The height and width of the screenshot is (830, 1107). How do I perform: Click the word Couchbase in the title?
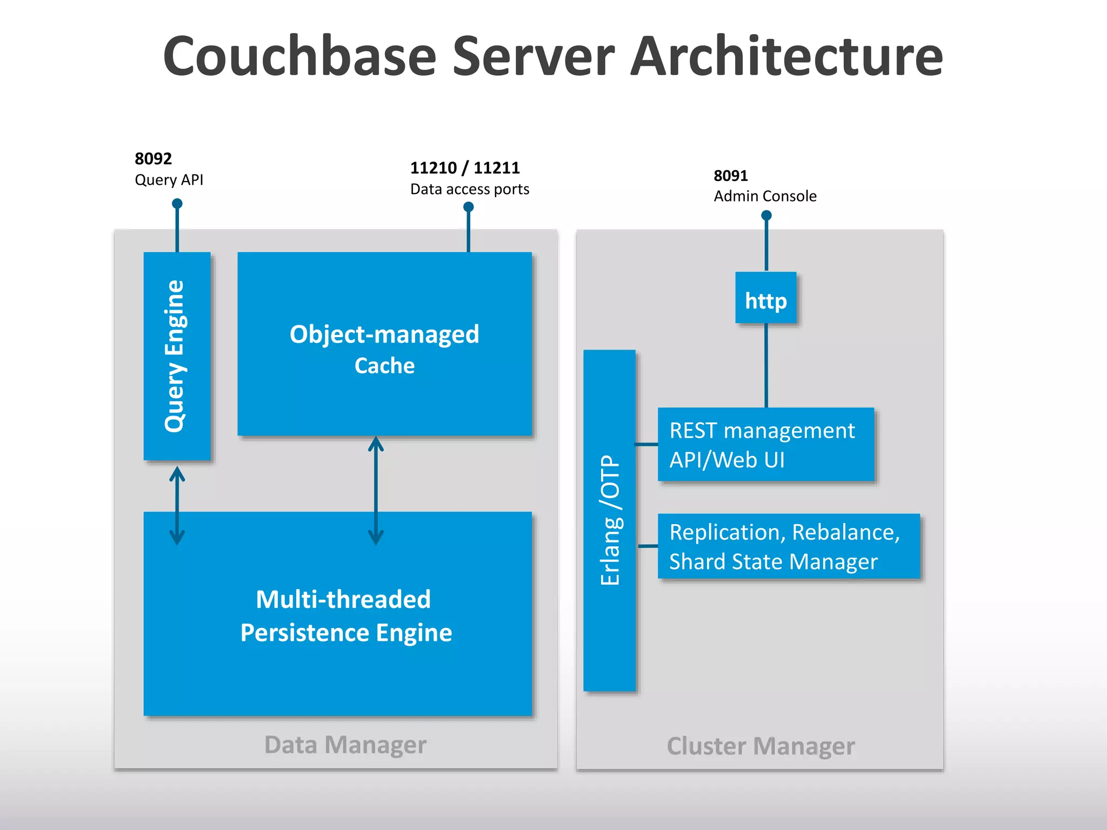pyautogui.click(x=299, y=56)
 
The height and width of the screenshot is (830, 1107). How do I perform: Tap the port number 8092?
pyautogui.click(x=153, y=159)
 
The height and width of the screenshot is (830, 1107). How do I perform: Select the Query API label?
pyautogui.click(x=169, y=180)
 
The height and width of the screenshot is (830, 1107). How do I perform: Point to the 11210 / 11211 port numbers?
pyautogui.click(x=465, y=168)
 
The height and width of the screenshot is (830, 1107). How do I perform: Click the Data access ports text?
pyautogui.click(x=469, y=189)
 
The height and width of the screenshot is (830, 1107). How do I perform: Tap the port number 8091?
pyautogui.click(x=730, y=176)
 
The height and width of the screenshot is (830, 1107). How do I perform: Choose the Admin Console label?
pyautogui.click(x=765, y=196)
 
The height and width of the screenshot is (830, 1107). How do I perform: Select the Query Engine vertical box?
pyautogui.click(x=176, y=356)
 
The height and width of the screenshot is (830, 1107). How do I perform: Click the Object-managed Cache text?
pyautogui.click(x=384, y=349)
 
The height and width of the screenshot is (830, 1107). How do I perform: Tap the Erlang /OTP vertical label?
pyautogui.click(x=610, y=520)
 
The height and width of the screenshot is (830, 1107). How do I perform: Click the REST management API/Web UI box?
pyautogui.click(x=765, y=445)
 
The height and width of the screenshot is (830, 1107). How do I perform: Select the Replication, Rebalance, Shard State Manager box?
pyautogui.click(x=788, y=546)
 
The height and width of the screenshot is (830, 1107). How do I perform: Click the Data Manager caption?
pyautogui.click(x=345, y=745)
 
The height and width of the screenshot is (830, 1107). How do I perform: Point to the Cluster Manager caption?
pyautogui.click(x=760, y=746)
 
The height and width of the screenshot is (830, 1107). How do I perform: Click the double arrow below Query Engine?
pyautogui.click(x=177, y=506)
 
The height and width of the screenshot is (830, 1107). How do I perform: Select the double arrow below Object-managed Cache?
pyautogui.click(x=376, y=491)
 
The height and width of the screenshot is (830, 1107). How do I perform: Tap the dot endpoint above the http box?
pyautogui.click(x=766, y=216)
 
